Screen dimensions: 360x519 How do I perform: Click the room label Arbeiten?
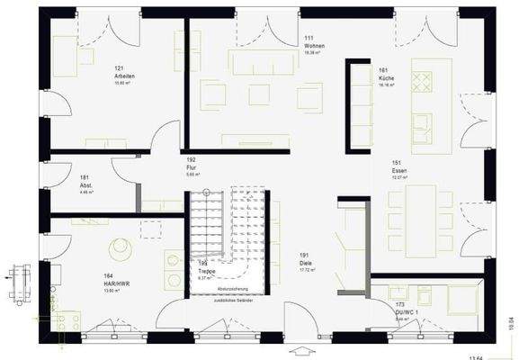(x=125, y=76)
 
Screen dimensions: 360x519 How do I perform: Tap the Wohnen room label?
(x=313, y=46)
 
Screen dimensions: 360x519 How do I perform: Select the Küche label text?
(x=387, y=78)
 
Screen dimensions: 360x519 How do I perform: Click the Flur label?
(x=191, y=166)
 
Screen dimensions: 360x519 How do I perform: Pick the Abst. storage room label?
(x=86, y=185)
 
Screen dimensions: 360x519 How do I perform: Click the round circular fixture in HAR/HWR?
(x=119, y=247)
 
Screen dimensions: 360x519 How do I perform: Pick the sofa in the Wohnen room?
(x=261, y=61)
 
